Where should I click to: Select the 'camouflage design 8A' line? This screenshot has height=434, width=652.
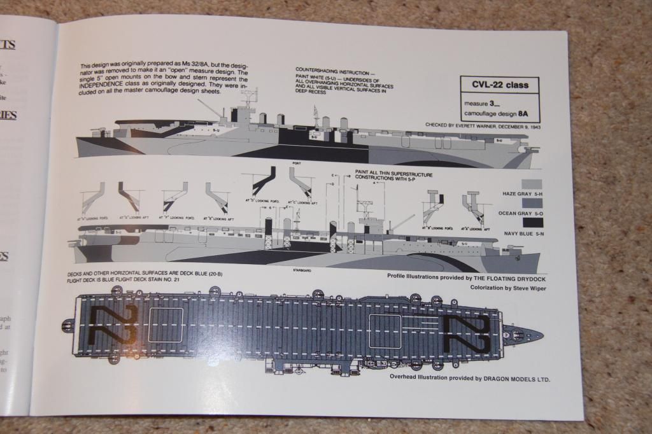500,115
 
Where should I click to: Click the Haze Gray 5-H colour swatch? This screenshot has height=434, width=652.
532,183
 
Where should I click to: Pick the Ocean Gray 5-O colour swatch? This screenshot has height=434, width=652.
532,203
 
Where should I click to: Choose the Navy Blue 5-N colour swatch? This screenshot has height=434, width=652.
532,222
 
